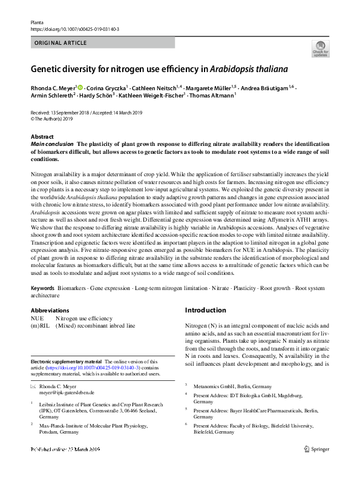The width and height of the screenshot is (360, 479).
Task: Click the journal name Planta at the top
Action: coord(38,22)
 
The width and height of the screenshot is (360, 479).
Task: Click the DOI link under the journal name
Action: coord(74,28)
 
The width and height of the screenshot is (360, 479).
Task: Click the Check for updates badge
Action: coord(320,48)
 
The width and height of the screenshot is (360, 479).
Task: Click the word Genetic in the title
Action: coord(48,68)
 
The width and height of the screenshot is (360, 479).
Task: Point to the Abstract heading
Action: coord(42,137)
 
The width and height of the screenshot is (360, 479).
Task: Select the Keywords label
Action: coord(43,288)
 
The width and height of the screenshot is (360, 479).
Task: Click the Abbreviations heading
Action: coord(50,310)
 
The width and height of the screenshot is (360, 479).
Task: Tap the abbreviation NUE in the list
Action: coord(38,319)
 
